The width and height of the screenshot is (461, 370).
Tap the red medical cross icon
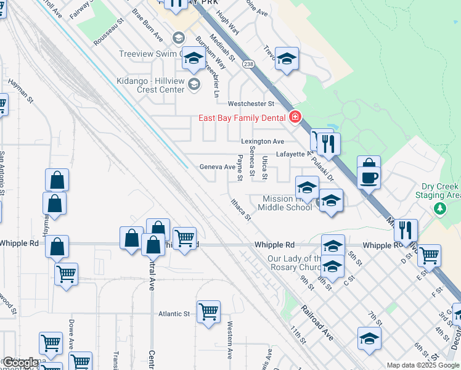coord(295,117)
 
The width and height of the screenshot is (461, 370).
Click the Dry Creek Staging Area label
coord(440,191)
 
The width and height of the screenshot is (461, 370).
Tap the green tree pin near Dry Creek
coord(439,208)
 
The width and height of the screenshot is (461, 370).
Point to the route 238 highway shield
coord(248,64)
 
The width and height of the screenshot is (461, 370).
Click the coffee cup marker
coord(369,178)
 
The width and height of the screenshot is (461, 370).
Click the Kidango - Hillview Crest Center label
coord(151,85)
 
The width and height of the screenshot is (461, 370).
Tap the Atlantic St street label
coord(174,314)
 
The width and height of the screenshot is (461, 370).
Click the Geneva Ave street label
coord(217,167)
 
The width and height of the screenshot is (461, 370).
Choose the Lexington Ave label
coord(263,141)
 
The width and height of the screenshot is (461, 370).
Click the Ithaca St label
coord(240,209)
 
